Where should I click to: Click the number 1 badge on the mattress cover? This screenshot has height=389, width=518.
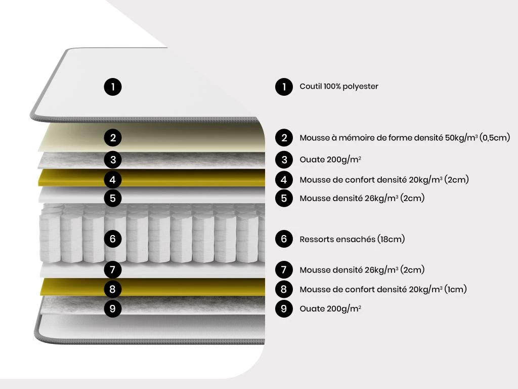coord(113,87)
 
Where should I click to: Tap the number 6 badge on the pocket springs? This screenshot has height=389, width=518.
coord(113,239)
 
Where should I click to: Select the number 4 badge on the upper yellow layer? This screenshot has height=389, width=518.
coord(113,179)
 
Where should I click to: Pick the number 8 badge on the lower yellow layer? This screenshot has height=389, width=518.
coord(113,289)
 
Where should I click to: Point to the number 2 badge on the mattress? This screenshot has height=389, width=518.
coord(113,137)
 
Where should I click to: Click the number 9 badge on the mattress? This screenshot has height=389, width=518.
coord(113,308)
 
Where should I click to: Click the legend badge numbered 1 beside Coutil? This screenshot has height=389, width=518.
coord(284,87)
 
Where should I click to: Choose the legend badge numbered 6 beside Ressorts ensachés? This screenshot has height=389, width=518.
coord(284,239)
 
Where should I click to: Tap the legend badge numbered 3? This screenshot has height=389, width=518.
coord(284,160)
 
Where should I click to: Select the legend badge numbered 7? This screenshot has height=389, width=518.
coord(284,269)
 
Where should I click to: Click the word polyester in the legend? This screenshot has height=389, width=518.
coord(360,87)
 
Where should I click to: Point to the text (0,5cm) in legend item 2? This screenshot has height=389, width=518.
coord(494,138)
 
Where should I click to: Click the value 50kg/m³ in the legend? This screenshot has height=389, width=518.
coord(461,138)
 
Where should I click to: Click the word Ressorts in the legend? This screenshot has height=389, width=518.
coord(317,239)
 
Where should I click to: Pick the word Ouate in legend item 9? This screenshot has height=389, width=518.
coord(311,308)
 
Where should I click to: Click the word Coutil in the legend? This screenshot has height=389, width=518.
coord(311,87)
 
